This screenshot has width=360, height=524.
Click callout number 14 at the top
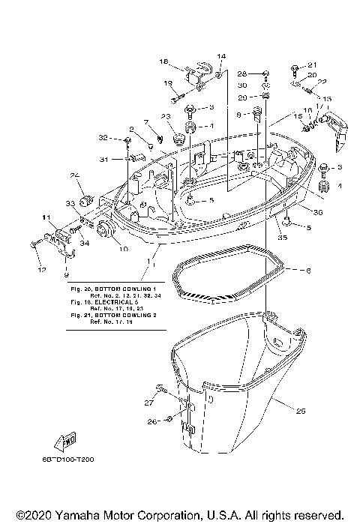[x=221, y=56]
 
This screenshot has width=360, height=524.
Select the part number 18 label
[x=163, y=61]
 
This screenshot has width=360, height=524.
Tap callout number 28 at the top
[x=242, y=73]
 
